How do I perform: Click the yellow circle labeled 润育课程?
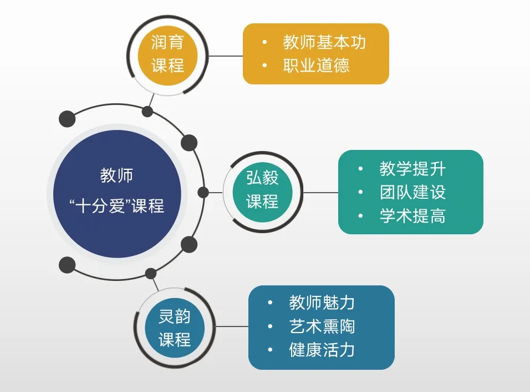[x=167, y=54]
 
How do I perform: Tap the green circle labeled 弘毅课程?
[x=262, y=190]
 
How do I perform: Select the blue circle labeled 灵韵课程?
[x=175, y=328]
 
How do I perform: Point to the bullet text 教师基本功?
[x=324, y=42]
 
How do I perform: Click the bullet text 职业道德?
[x=316, y=66]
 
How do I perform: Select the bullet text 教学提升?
[x=412, y=168]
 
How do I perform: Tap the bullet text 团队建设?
[x=412, y=192]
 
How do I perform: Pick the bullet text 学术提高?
[x=412, y=216]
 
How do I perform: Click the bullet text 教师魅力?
[x=322, y=303]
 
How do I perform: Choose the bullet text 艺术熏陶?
[x=322, y=326]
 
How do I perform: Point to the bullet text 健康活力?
[x=322, y=350]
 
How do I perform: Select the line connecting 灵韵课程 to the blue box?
[x=231, y=326]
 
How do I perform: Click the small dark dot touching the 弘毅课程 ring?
[x=203, y=193]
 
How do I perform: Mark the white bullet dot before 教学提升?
[x=361, y=168]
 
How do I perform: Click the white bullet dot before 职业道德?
[x=265, y=66]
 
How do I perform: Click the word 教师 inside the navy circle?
[x=117, y=175]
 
